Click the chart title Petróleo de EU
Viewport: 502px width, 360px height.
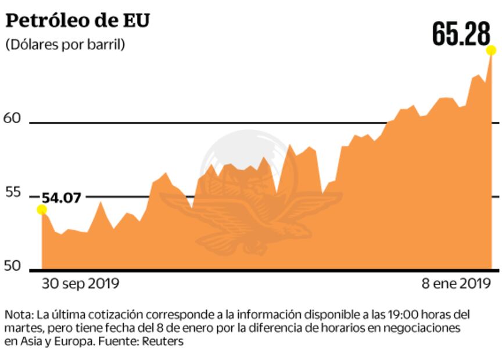pos(77,20)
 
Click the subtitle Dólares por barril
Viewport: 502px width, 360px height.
pos(65,45)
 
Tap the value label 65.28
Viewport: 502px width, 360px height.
pos(461,35)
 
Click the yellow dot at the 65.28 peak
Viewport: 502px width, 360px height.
pos(492,51)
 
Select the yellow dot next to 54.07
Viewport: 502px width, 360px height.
pos(42,210)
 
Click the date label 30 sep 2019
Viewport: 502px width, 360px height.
pos(80,284)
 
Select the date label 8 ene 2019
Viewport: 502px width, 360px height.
pos(456,284)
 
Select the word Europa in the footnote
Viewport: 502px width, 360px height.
pos(74,341)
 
